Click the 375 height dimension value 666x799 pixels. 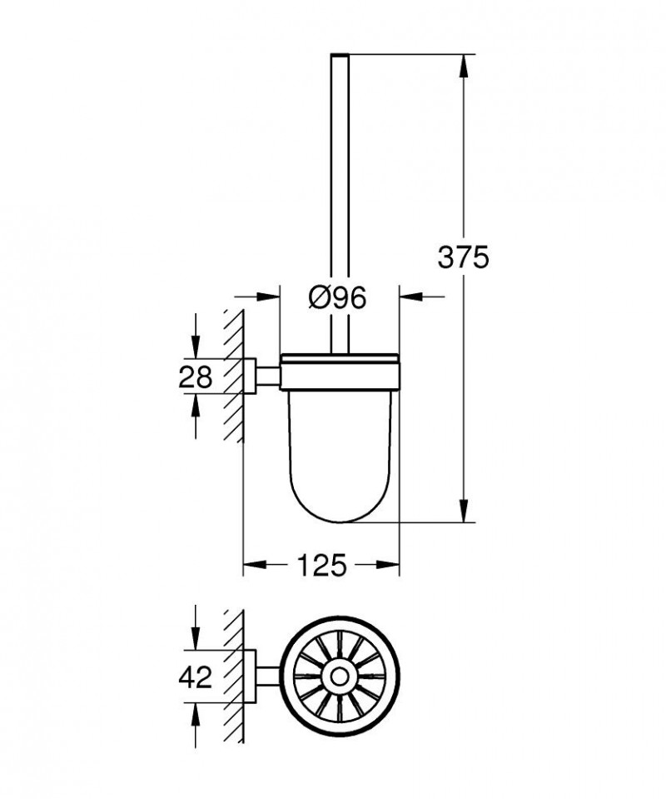463,257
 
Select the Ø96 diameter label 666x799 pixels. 337,297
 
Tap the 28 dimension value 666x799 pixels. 196,377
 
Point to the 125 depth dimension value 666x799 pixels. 321,566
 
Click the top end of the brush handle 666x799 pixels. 340,57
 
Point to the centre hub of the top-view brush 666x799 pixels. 340,677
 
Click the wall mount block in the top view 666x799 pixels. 250,677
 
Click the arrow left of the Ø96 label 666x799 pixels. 267,296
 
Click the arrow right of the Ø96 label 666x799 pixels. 410,296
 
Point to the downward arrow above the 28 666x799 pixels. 196,349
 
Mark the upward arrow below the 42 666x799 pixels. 196,713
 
